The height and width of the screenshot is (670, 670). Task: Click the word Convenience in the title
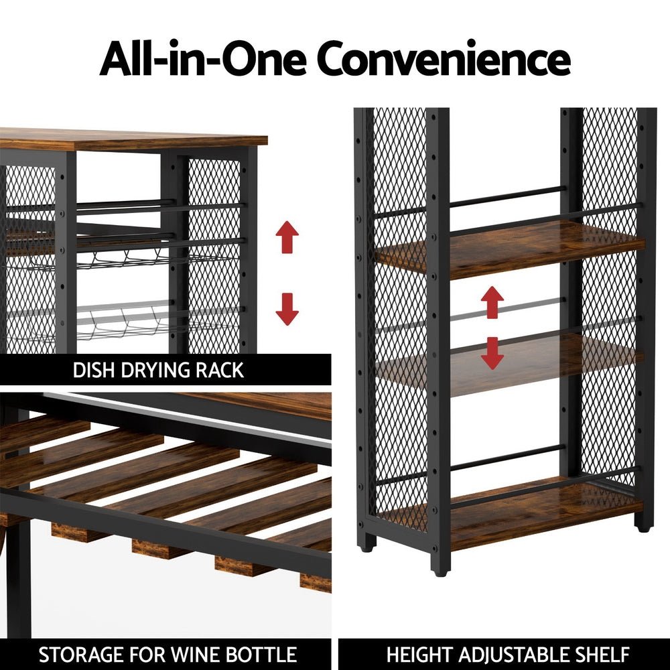pyautogui.click(x=444, y=60)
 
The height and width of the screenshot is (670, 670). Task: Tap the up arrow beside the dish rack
pyautogui.click(x=287, y=238)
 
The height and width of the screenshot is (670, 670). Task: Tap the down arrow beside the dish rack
pyautogui.click(x=287, y=309)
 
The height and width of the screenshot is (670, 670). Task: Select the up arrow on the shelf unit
pyautogui.click(x=492, y=302)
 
